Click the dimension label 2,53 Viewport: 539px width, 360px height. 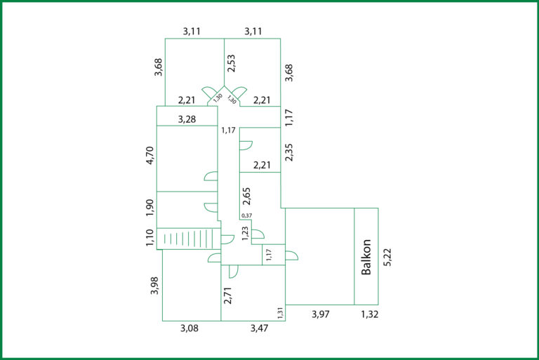[x=232, y=63]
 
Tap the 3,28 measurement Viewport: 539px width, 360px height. [x=187, y=119]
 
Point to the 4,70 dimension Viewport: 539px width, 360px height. [x=150, y=155]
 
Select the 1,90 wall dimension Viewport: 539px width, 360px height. [x=150, y=208]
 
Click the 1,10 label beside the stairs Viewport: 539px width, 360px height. [x=150, y=238]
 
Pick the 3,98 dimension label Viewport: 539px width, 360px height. [x=154, y=286]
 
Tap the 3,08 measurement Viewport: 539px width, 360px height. [x=189, y=328]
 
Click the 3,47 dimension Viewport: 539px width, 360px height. [x=259, y=328]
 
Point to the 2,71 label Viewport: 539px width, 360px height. [x=227, y=295]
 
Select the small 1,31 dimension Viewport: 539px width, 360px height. [x=280, y=313]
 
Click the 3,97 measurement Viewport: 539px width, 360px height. [x=320, y=314]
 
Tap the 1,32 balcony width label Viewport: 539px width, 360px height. [x=370, y=314]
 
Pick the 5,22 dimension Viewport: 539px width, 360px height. [x=387, y=257]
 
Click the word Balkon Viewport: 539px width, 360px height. [x=366, y=257]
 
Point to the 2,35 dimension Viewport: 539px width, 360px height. [x=289, y=152]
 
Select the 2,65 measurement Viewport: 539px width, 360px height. [x=246, y=196]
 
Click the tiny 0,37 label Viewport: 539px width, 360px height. [x=246, y=215]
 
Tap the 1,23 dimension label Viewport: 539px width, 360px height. [x=245, y=234]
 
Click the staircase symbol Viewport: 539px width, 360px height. [x=188, y=239]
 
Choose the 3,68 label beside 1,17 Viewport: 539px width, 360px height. [x=289, y=72]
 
